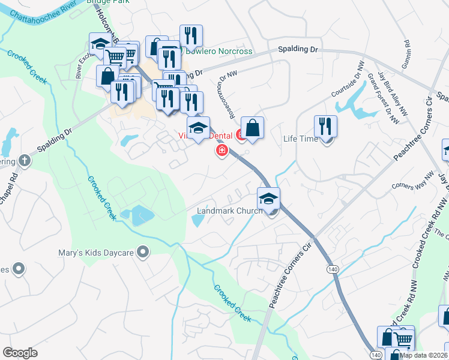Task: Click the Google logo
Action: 20,353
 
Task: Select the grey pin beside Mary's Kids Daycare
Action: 143,252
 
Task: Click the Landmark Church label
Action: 230,211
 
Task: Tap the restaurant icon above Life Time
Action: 325,127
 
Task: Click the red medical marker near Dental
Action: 221,150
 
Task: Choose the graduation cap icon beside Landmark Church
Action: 268,198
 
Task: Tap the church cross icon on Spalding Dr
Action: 23,160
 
